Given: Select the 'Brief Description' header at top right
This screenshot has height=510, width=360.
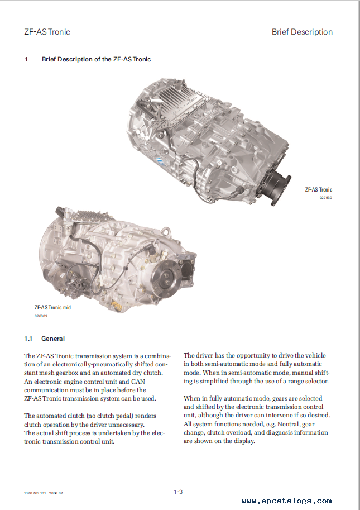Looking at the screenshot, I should click(x=302, y=32).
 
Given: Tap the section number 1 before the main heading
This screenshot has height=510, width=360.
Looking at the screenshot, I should click(x=26, y=59).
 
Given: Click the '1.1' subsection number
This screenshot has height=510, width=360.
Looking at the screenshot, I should click(x=28, y=339).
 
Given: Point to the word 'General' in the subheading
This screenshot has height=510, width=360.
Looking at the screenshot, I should click(x=53, y=339).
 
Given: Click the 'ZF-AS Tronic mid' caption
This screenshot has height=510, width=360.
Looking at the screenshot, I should click(x=52, y=307).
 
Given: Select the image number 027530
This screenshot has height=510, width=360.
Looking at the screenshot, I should click(x=325, y=198).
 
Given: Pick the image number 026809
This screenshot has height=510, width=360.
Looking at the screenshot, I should click(x=41, y=316).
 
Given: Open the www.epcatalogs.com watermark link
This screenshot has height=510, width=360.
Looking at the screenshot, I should click(x=286, y=501).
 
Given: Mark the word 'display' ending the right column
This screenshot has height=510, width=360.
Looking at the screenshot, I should click(x=243, y=441).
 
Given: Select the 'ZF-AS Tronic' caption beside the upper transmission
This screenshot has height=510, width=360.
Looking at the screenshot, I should click(x=318, y=190).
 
